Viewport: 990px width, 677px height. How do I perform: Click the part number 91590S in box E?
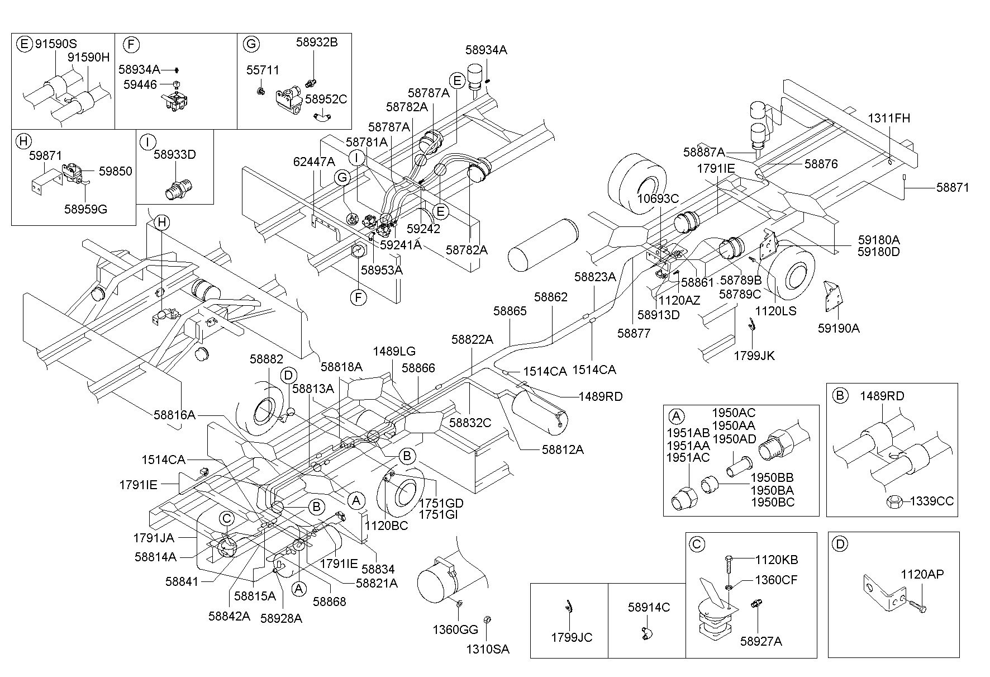(x=56, y=44)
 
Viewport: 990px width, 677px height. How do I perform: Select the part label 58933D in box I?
(x=175, y=155)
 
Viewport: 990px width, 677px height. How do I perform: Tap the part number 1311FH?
(x=888, y=119)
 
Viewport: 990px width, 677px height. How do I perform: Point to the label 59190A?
(x=839, y=329)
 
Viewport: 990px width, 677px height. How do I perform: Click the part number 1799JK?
(x=754, y=356)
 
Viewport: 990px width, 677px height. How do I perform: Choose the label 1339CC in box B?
(x=931, y=501)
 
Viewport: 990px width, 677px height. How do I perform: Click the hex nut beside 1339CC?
(x=892, y=501)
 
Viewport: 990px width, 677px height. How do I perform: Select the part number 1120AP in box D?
(x=922, y=574)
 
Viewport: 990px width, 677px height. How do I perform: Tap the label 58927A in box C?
(x=761, y=641)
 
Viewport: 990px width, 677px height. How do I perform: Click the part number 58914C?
(x=649, y=607)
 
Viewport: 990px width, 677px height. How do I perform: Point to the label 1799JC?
(x=572, y=637)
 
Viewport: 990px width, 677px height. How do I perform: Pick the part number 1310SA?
(x=488, y=650)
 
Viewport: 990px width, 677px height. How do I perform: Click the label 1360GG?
(x=455, y=629)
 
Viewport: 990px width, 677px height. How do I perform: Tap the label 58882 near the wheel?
(x=266, y=359)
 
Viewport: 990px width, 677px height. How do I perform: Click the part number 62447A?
(x=314, y=162)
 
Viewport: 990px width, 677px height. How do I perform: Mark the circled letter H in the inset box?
(x=23, y=140)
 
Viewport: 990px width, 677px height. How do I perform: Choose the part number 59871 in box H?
(x=46, y=156)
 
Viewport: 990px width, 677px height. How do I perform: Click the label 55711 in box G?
(x=263, y=70)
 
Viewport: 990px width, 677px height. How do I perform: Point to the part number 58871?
(x=953, y=187)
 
